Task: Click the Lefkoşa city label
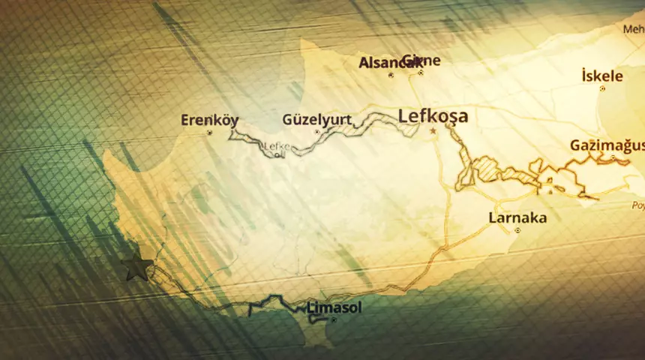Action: (x=433, y=116)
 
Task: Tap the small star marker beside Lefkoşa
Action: (x=433, y=131)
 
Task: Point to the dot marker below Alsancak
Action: (x=391, y=75)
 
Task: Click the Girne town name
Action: (x=421, y=60)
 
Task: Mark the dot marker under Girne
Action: (x=421, y=73)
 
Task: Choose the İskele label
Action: (x=601, y=75)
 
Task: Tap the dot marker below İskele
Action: (x=602, y=88)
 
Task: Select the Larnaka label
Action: (x=517, y=218)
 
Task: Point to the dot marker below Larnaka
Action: (x=517, y=231)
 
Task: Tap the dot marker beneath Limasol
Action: (x=334, y=320)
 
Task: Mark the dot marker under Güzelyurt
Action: (x=316, y=132)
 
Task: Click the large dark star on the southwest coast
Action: (x=137, y=267)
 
